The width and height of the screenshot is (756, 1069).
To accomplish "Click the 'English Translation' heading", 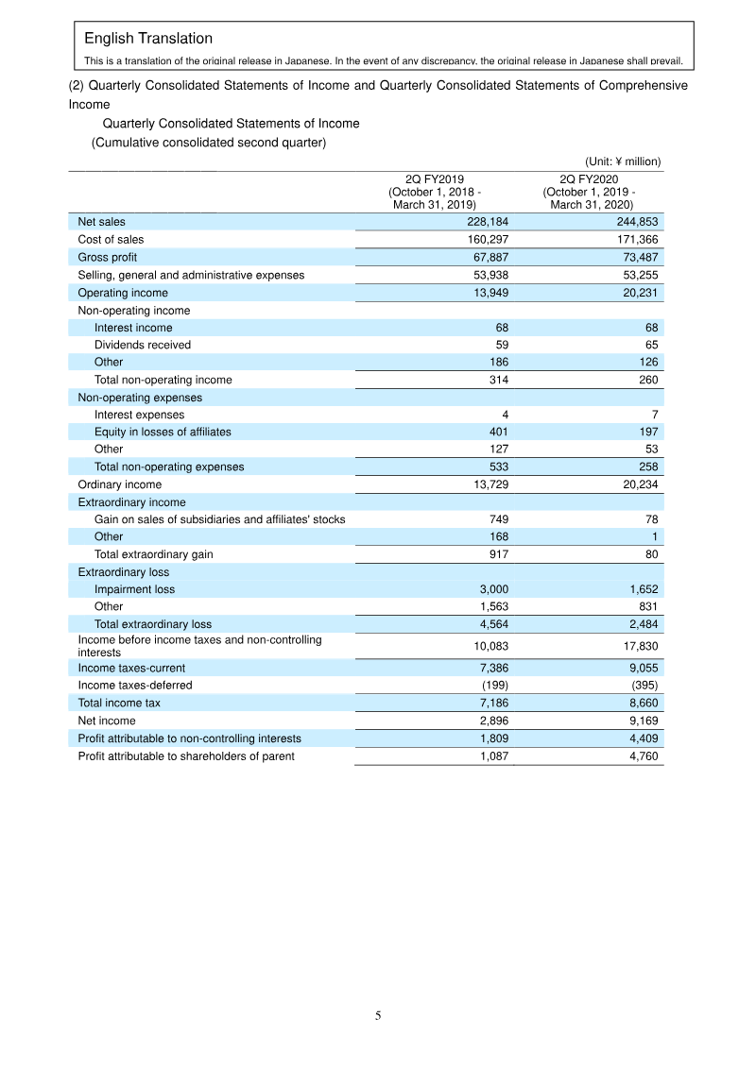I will point(148,39).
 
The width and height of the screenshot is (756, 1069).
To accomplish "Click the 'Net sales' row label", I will point(101,222).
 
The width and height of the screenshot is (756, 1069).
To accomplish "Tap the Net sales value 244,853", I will point(636,222).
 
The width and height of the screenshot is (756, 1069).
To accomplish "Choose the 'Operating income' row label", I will point(123,293).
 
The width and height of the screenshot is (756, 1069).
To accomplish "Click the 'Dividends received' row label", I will point(142,345).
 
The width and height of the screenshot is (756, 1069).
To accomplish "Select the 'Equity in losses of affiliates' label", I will point(163,432).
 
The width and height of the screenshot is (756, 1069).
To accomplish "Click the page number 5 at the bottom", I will point(378,1016).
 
